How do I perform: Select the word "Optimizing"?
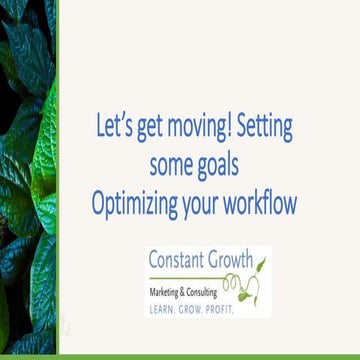(138, 203)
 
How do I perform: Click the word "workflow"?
(264, 203)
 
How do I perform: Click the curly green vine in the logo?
(246, 287)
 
